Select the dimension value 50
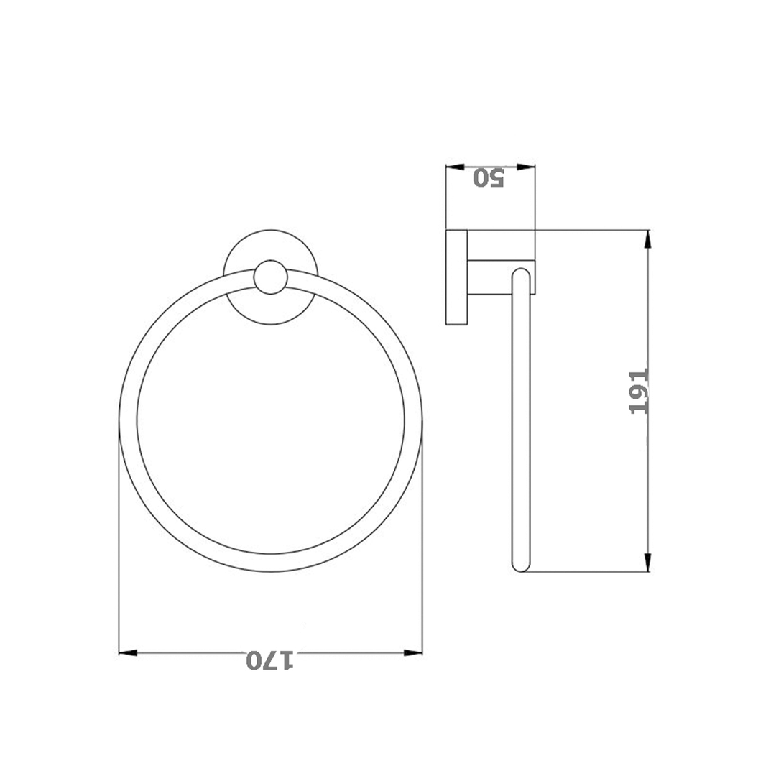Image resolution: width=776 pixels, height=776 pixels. (x=489, y=177)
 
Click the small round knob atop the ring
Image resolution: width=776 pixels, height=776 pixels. (x=270, y=277)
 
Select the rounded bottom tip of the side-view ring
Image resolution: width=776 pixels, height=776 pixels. (x=519, y=566)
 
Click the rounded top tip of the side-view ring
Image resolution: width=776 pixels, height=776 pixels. (x=521, y=273)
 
